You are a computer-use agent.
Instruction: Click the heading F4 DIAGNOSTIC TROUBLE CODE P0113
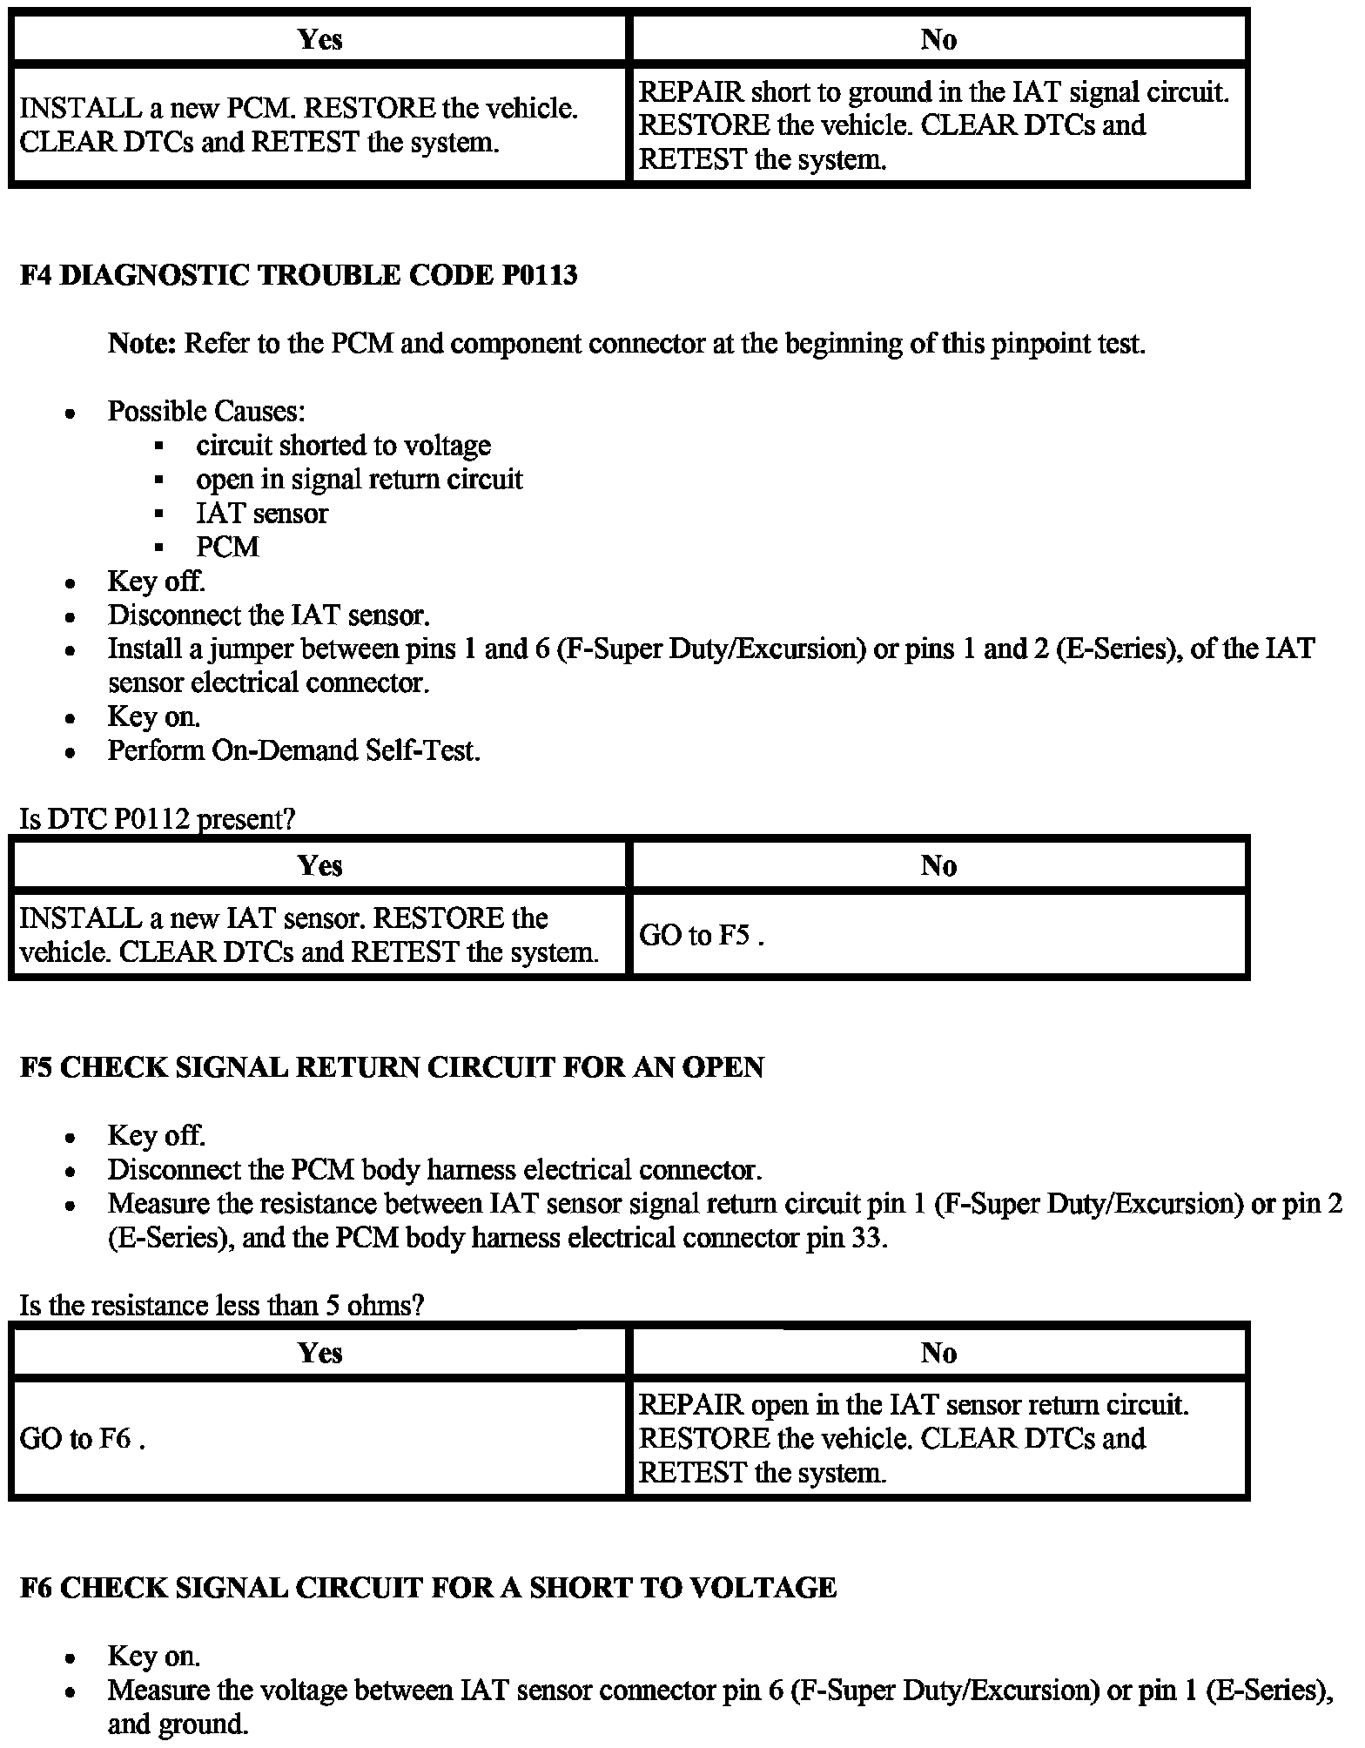(299, 276)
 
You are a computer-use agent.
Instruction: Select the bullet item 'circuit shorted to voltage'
(343, 446)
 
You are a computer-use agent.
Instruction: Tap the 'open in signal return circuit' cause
(359, 480)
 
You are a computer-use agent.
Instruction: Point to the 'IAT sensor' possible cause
(262, 514)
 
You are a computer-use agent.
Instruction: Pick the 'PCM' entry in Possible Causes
(227, 548)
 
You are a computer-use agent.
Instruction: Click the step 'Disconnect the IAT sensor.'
(268, 615)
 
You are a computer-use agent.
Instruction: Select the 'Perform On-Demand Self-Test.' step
(293, 750)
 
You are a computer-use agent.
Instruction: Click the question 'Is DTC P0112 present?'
(158, 819)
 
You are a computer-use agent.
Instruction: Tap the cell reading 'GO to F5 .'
(702, 935)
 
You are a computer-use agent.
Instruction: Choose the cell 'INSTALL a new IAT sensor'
(309, 935)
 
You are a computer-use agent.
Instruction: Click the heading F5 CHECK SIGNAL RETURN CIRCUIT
(391, 1067)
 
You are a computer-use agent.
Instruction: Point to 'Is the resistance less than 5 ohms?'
(221, 1306)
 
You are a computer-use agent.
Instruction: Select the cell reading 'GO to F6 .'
(82, 1438)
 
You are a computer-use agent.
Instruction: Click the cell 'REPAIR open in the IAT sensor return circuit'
(913, 1438)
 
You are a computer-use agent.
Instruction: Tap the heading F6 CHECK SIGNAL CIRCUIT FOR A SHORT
(427, 1588)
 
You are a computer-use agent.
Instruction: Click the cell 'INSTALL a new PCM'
(299, 125)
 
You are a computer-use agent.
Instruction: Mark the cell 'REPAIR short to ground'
(933, 125)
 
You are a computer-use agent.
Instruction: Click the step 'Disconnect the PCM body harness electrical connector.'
(434, 1170)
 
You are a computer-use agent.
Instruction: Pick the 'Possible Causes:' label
(206, 412)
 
